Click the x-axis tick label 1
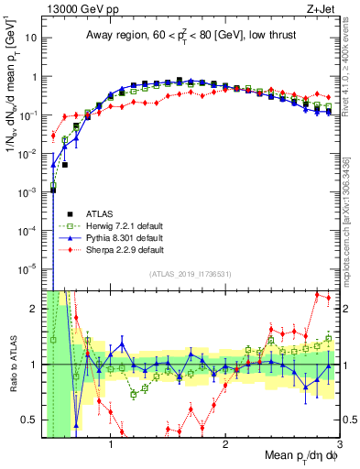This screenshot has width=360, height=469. click(111, 445)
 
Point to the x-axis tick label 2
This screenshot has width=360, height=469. click(225, 445)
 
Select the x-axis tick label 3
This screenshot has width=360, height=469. click(339, 445)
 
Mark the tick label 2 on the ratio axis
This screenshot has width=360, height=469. click(35, 309)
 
